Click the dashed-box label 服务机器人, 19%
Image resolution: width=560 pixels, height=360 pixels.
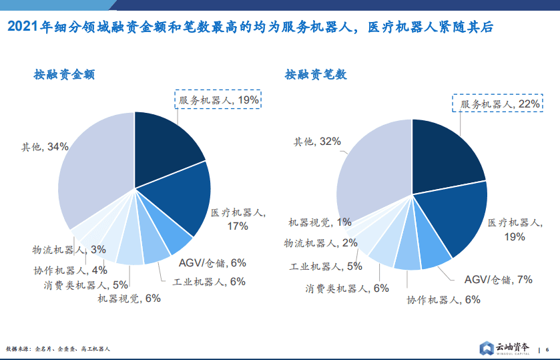pyautogui.click(x=218, y=100)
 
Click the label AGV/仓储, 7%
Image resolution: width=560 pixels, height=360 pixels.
pyautogui.click(x=498, y=280)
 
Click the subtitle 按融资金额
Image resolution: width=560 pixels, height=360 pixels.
pyautogui.click(x=64, y=74)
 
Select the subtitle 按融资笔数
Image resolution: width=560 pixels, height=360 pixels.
pyautogui.click(x=316, y=74)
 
